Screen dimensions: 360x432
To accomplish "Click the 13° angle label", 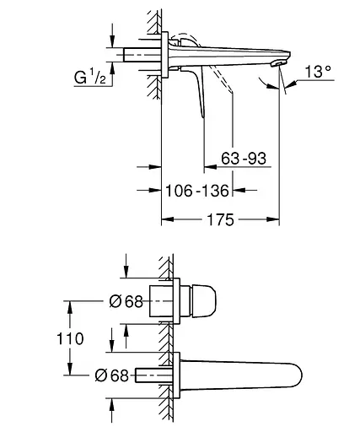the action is [x=318, y=71].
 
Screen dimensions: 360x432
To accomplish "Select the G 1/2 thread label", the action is [x=90, y=77].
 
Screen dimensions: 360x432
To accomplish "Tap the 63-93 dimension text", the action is [x=244, y=159].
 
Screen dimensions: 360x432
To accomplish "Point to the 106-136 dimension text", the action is [x=197, y=191].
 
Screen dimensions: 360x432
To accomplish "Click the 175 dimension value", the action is [x=220, y=219].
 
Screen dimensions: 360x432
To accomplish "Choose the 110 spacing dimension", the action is [x=70, y=338].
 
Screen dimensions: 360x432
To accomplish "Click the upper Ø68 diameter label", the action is [x=126, y=301].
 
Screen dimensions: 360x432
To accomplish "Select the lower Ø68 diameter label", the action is [x=111, y=375].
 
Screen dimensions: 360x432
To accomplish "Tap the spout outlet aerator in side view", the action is [x=277, y=64].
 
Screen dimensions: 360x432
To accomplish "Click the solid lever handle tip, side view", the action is [x=203, y=116].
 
